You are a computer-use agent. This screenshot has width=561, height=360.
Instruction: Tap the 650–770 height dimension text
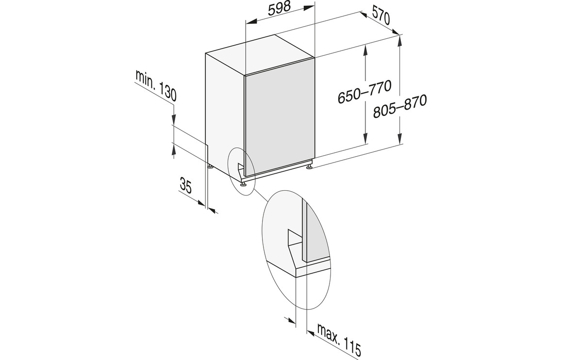tap(364, 92)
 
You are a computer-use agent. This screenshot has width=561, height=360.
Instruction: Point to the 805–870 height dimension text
tap(400, 106)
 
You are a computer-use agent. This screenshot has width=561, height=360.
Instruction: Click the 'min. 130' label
tap(156, 85)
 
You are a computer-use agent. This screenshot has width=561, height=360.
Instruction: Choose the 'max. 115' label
tap(339, 342)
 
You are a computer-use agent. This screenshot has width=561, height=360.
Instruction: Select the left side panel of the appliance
tap(225, 114)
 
